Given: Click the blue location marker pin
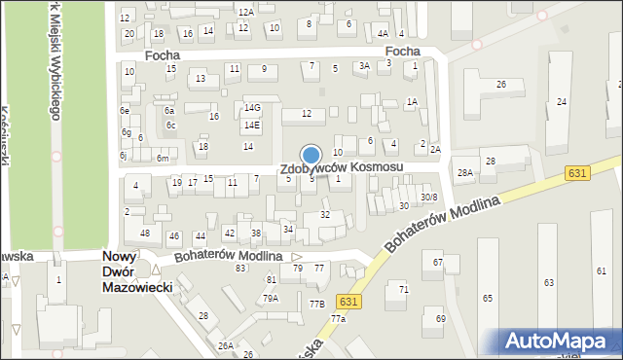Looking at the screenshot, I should tap(311, 156).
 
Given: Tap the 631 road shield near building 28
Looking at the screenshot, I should tap(577, 172).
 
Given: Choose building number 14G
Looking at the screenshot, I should tap(252, 108).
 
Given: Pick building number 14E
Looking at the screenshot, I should tap(252, 126).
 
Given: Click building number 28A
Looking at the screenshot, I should tap(465, 172).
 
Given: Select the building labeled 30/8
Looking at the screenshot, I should tap(428, 198).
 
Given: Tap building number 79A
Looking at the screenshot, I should tap(270, 298).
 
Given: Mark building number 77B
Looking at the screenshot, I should tap(317, 305).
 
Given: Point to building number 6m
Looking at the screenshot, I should tap(164, 159).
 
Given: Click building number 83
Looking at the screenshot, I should tap(239, 268).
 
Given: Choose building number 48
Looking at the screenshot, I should tap(145, 234).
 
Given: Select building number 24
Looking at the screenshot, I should tap(562, 101).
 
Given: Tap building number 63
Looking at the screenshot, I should tap(549, 282).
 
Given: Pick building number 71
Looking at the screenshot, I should tap(403, 290).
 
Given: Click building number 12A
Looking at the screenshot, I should tap(247, 12).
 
